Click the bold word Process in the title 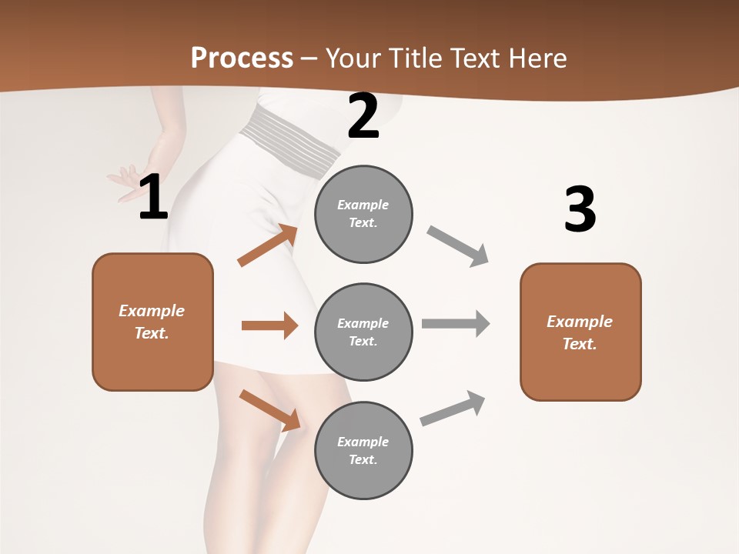pos(242,58)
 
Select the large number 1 pos(153,198)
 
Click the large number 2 pos(363,116)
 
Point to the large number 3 pos(580,209)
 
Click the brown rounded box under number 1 pos(152,322)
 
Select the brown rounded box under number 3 pos(580,332)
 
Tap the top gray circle pos(363,214)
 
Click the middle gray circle pos(363,332)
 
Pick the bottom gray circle pos(363,450)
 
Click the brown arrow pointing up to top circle pos(267,245)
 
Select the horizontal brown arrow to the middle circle pos(269,325)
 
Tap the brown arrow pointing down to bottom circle pos(269,410)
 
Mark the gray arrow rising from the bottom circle pos(453,409)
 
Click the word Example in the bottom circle pos(363,442)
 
